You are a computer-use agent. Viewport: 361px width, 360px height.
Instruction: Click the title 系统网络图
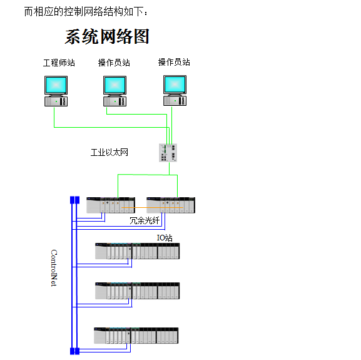point(107,36)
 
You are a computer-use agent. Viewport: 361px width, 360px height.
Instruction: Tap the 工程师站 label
point(59,63)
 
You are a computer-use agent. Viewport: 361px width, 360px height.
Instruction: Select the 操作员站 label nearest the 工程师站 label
point(114,63)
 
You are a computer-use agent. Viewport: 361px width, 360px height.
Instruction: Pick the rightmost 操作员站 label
point(174,63)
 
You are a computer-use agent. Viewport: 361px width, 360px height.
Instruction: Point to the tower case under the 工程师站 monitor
point(56,101)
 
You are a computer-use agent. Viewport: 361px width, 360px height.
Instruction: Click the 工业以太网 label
point(109,152)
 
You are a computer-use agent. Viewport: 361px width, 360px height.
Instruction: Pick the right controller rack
point(171,205)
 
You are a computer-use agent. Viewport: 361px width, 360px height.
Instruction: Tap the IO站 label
point(165,238)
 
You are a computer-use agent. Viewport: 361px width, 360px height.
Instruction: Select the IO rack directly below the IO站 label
point(137,251)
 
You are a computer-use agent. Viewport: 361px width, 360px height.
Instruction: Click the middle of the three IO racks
point(137,291)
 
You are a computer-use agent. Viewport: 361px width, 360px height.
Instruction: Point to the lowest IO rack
point(136,336)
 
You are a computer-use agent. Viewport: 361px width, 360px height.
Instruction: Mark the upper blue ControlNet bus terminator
point(74,200)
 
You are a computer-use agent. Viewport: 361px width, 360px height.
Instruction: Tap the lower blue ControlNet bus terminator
point(74,351)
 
